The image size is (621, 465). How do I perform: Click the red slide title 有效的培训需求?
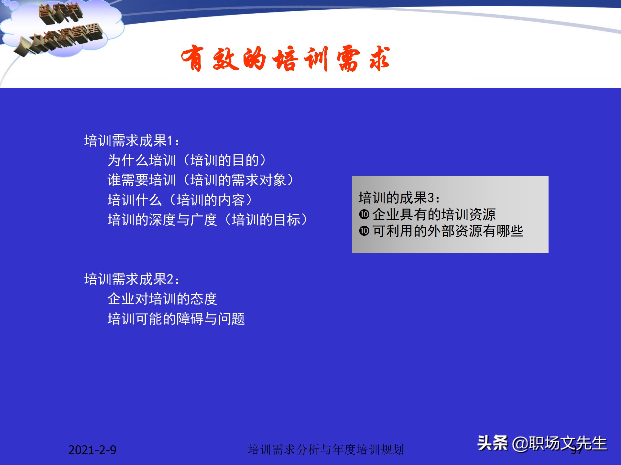click(x=285, y=59)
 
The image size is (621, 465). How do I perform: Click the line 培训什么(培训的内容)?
click(x=180, y=200)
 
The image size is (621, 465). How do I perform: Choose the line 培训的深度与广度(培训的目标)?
click(x=208, y=220)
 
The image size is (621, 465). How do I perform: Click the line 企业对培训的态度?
click(x=162, y=299)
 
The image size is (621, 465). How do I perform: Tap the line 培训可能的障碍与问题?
click(x=176, y=319)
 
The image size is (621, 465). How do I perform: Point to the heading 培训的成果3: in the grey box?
click(x=399, y=198)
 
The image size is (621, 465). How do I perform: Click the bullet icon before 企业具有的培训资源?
click(x=364, y=214)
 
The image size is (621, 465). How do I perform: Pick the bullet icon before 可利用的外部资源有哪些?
click(x=364, y=231)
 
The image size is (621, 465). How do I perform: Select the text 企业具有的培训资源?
click(x=434, y=214)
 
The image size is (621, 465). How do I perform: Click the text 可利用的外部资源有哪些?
click(x=448, y=231)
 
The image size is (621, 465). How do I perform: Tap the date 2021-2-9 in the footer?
click(x=92, y=450)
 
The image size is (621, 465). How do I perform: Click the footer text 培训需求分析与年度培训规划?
click(x=326, y=449)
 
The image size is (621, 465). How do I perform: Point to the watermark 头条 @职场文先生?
click(x=542, y=443)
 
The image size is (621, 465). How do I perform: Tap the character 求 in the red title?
click(x=380, y=59)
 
